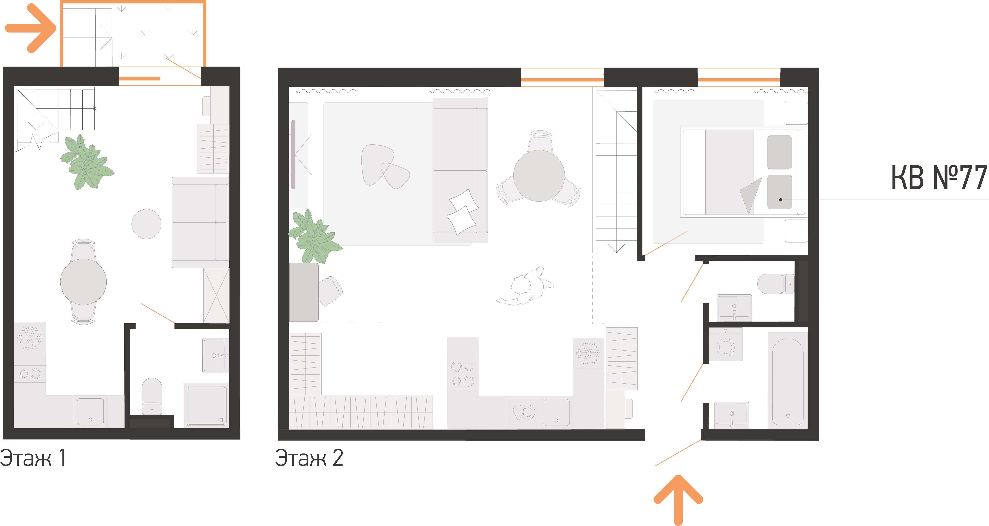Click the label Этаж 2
[309, 458]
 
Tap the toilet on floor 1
[152, 396]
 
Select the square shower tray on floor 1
[206, 405]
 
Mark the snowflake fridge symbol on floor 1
[30, 338]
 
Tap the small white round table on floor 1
[146, 224]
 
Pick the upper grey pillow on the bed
[779, 152]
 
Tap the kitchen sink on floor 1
[90, 411]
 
